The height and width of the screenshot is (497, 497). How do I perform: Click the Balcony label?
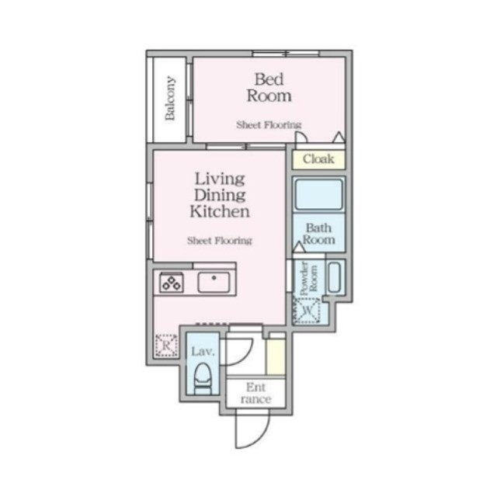point(170,98)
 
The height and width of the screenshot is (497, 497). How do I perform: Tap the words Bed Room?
point(269,88)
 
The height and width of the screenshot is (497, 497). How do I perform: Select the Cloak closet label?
point(318,158)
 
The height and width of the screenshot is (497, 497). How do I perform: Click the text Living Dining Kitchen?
point(220,195)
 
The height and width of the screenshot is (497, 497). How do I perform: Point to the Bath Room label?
point(318,234)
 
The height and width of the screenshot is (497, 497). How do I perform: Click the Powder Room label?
point(308,278)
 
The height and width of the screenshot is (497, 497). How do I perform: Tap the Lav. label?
point(203,351)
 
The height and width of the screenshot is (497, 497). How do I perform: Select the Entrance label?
point(255,393)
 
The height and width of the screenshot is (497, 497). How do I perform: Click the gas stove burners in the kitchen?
point(172,283)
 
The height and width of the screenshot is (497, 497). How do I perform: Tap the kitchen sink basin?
point(214,282)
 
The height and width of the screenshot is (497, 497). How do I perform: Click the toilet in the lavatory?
point(202,378)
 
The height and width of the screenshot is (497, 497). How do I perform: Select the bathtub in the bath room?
point(318,194)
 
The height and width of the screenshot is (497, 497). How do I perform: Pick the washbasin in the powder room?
point(335,277)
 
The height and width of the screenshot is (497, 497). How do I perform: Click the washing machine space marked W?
point(306,311)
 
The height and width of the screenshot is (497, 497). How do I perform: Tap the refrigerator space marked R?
point(166,346)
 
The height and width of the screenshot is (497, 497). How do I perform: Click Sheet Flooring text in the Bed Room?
point(269,125)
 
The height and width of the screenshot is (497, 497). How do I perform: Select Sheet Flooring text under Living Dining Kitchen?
point(220,241)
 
